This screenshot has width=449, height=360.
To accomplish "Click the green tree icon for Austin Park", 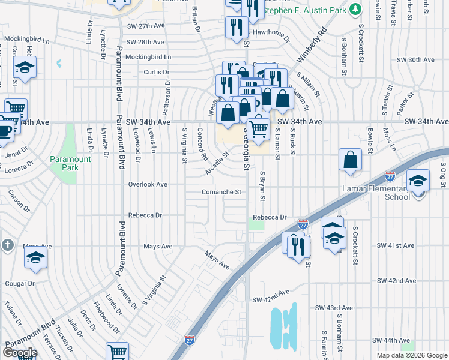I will [355, 9].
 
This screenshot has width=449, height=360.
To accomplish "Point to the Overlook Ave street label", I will [148, 185].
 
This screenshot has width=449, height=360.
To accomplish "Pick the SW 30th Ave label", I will [415, 60].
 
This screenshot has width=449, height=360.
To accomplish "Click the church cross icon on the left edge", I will [7, 245].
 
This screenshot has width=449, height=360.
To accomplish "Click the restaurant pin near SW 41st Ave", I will [298, 246].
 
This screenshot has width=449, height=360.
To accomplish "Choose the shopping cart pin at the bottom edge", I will [118, 351].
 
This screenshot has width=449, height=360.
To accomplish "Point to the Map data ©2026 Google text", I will [411, 355].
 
